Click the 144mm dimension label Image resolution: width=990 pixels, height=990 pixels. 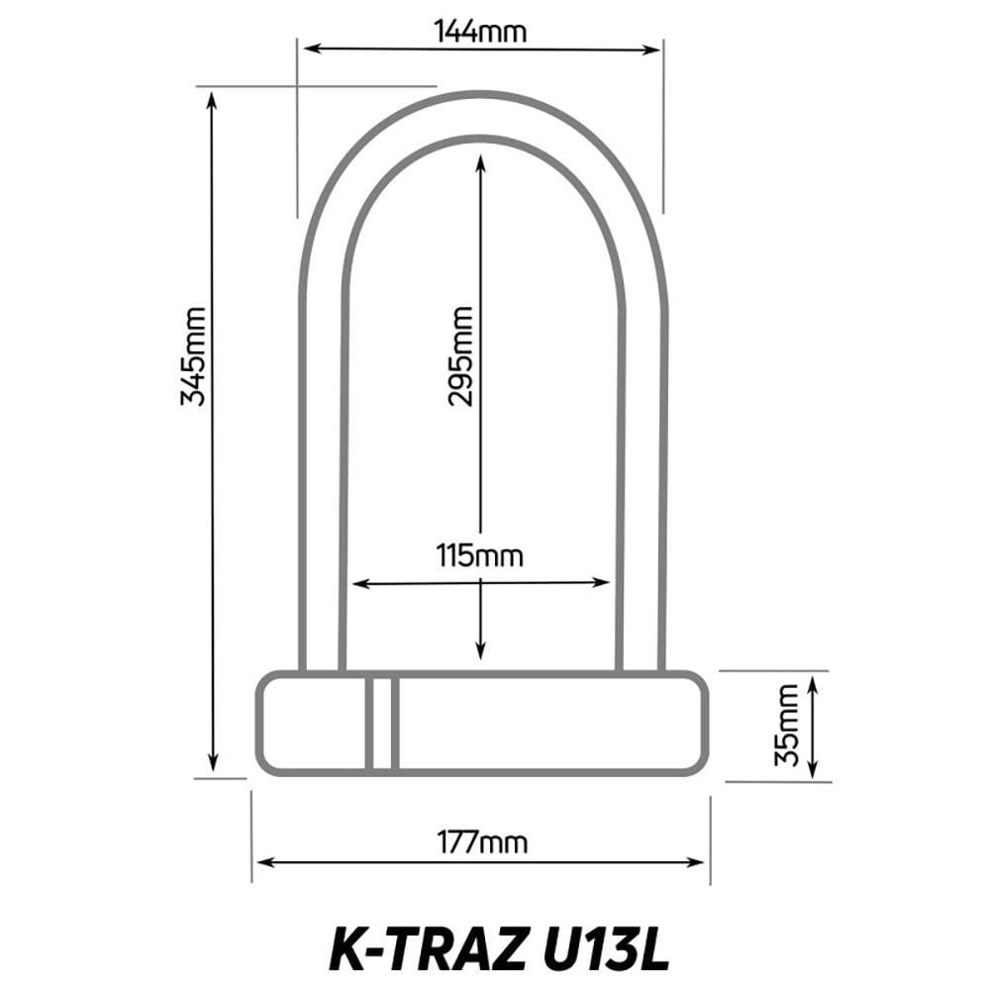pos(480,32)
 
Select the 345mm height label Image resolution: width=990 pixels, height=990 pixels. pos(194,356)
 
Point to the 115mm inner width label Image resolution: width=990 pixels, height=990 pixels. pos(480,555)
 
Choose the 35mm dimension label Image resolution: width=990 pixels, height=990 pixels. pos(786,726)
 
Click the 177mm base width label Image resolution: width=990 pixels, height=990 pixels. pos(482,842)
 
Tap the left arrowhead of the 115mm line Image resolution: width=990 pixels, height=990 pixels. pos(358,583)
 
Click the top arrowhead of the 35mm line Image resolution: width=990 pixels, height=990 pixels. pos(813,682)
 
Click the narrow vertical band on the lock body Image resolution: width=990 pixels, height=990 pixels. pos(382,724)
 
